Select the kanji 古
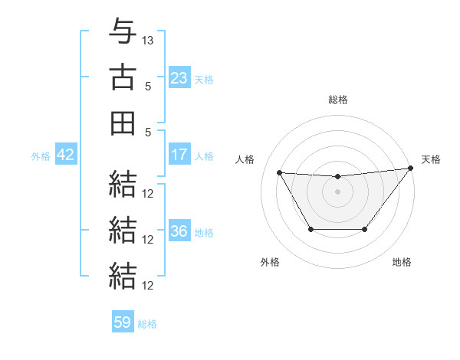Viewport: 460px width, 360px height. click(x=123, y=77)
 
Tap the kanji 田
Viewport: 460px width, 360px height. click(x=123, y=123)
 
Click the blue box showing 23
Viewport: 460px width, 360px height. click(x=179, y=77)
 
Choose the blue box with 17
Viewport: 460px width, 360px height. click(x=179, y=155)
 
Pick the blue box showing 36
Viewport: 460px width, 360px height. click(x=179, y=232)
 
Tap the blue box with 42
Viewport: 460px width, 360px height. click(x=65, y=155)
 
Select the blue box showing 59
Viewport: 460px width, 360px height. click(x=123, y=322)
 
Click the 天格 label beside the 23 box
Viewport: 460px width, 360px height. click(x=204, y=79)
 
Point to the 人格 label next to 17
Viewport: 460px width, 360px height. click(x=204, y=156)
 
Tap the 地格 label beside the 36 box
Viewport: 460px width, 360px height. click(x=204, y=233)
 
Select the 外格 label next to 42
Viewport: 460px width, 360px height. click(x=41, y=156)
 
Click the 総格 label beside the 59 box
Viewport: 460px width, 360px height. click(x=147, y=324)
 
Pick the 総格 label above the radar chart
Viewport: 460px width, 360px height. click(x=337, y=100)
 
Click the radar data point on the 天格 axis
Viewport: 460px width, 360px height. click(x=410, y=169)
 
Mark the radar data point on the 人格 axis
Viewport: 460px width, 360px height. click(x=280, y=172)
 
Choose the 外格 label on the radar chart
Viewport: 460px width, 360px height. click(x=270, y=262)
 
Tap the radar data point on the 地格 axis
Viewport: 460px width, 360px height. click(x=364, y=229)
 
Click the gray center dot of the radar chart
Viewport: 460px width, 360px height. click(x=337, y=192)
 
